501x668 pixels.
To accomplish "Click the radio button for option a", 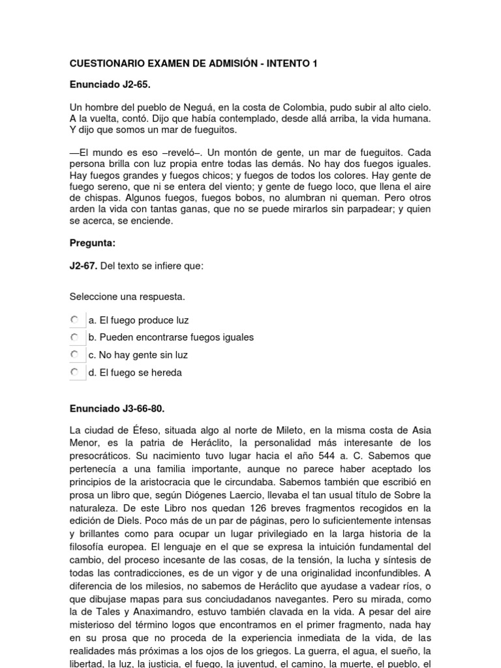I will click(x=75, y=320).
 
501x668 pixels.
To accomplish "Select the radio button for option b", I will click(x=75, y=337).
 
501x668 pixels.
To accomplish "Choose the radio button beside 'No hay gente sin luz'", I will click(x=75, y=355).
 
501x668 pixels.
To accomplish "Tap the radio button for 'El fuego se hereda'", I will click(x=75, y=372).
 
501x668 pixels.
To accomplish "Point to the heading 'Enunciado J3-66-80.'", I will click(x=117, y=408).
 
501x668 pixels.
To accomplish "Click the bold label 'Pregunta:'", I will click(x=93, y=243).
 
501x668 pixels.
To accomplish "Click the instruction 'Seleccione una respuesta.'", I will click(x=127, y=296).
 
